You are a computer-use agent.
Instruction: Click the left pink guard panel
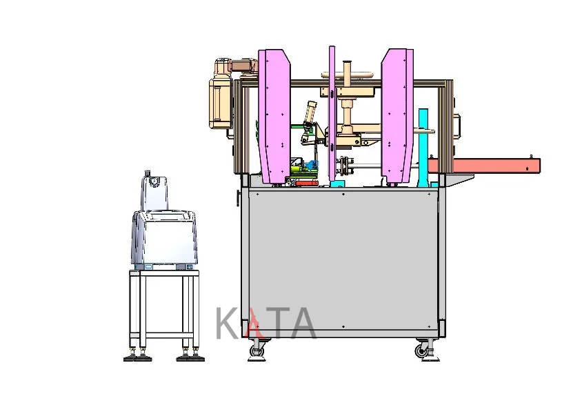coord(274,116)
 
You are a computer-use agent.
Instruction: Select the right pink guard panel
coord(397,116)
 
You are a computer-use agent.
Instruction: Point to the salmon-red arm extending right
coord(484,166)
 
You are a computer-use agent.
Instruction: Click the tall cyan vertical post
coord(423,148)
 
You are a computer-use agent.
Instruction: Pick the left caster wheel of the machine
coord(257,350)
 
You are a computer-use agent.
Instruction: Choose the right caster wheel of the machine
coord(421,351)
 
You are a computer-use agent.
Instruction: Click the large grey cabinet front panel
coord(343,261)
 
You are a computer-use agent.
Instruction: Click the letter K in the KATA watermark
coord(228,324)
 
